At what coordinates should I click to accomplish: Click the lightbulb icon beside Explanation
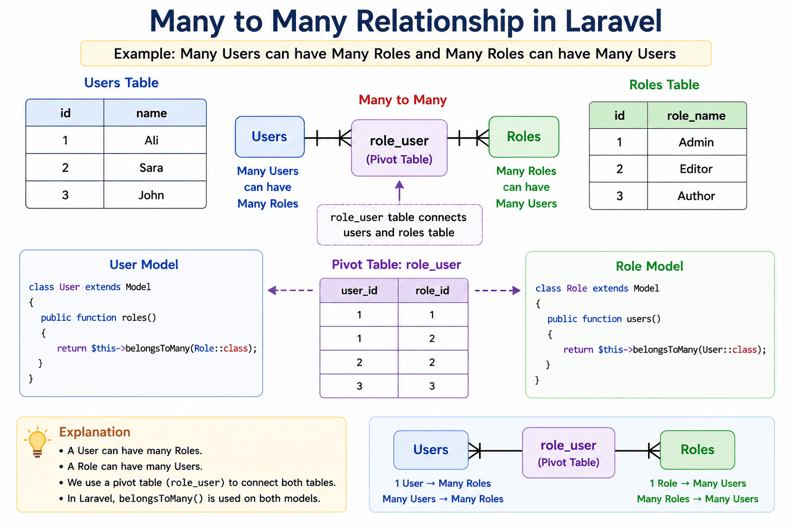(38, 442)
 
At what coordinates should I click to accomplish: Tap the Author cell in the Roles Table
(697, 196)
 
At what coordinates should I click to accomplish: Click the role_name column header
(697, 115)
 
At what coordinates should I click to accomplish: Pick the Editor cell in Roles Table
(697, 169)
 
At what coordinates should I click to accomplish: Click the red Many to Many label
(403, 100)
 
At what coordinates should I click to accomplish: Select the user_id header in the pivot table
(359, 290)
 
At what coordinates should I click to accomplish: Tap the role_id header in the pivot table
(433, 290)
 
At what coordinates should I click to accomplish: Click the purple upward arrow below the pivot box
(400, 191)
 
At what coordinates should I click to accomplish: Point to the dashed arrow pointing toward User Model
(290, 290)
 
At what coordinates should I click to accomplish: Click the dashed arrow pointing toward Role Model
(498, 290)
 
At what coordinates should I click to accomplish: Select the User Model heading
(144, 265)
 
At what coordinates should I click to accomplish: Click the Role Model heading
(650, 266)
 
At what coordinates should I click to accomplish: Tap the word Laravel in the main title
(614, 21)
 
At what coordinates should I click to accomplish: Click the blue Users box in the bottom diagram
(431, 450)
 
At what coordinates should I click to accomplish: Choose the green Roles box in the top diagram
(524, 137)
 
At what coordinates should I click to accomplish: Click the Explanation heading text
(95, 432)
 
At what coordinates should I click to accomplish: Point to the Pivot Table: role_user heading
(397, 265)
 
